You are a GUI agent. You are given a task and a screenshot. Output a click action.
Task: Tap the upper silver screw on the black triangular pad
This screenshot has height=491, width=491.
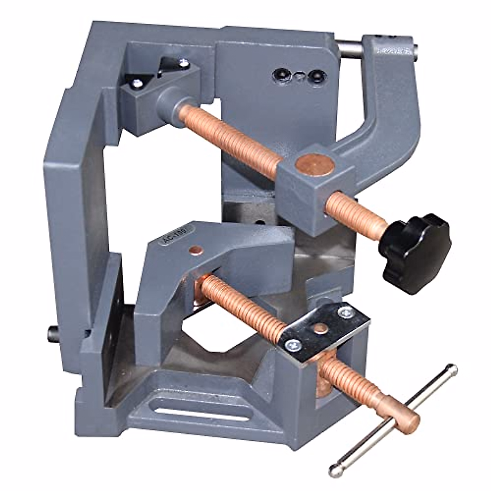[x=182, y=63]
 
